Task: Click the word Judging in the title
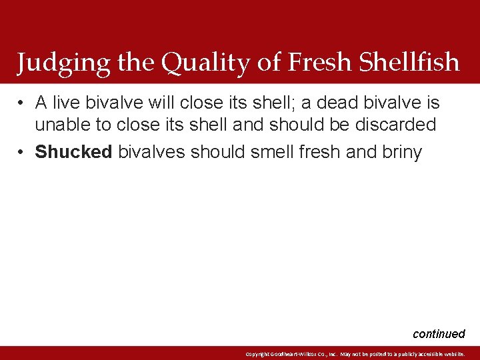55,63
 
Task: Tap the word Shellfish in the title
409,62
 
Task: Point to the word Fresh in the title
320,62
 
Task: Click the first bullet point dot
22,103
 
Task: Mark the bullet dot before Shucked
22,153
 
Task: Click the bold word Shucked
73,152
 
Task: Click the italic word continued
439,334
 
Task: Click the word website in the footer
452,354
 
